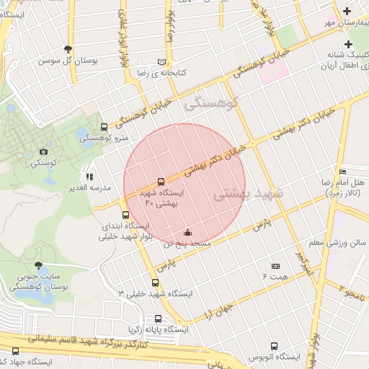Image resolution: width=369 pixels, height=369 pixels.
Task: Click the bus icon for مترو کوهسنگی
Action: pos(105,127)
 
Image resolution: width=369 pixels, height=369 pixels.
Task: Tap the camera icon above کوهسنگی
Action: pos(44,151)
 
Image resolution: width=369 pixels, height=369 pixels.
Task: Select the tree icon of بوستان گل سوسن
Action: pos(68,49)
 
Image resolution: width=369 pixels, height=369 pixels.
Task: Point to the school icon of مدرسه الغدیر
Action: pos(89,176)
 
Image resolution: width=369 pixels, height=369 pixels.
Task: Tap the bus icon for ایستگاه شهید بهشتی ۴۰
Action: pos(160,182)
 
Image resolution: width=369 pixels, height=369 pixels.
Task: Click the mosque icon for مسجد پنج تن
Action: pos(188,232)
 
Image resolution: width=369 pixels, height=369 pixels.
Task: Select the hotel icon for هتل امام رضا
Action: pos(342,172)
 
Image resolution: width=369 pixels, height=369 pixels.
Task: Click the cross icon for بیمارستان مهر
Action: pos(347,11)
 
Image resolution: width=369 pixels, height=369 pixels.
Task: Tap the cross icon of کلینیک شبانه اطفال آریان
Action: pos(347,45)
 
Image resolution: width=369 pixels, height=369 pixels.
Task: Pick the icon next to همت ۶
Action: pos(275,266)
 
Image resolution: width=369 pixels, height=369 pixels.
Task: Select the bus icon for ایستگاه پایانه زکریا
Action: pos(158,319)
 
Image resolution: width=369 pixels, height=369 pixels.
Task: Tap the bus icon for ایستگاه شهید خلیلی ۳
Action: pos(155,283)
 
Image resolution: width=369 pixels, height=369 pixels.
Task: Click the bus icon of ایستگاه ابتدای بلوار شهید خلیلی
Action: pos(126,215)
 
